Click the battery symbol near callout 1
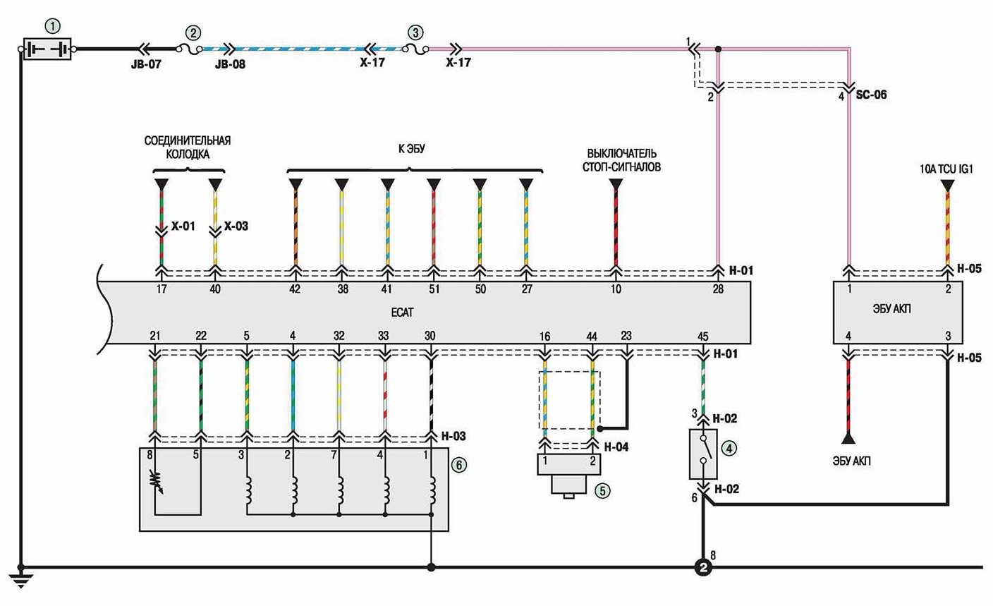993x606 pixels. [x=47, y=49]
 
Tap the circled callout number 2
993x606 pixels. [x=193, y=33]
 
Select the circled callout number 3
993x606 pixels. [x=415, y=33]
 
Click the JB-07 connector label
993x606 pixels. [x=146, y=64]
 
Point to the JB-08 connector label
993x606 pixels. [x=230, y=64]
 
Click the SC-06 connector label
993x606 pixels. [x=871, y=95]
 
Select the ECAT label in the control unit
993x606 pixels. [x=402, y=313]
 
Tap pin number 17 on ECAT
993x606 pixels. [x=162, y=289]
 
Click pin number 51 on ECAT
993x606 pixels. [x=434, y=289]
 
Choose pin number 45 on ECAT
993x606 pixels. [x=702, y=337]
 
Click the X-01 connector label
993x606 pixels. [x=183, y=226]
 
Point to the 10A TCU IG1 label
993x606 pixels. [x=946, y=169]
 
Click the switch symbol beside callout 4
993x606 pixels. [x=703, y=454]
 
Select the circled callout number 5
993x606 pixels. [x=602, y=490]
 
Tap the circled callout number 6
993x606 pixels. [x=459, y=465]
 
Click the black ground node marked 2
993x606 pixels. [x=703, y=567]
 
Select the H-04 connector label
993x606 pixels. [x=616, y=447]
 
